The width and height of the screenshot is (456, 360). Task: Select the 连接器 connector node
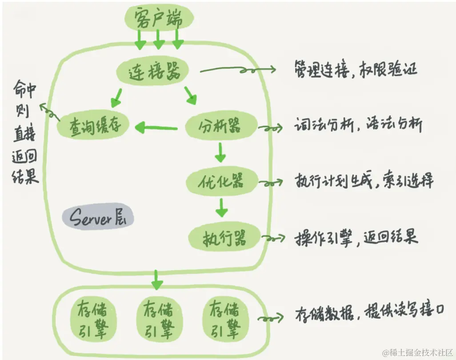152,71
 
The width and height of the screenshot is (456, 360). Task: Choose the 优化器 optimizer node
221,181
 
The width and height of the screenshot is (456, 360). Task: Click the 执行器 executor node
224,239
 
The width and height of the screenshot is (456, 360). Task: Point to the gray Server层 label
98,218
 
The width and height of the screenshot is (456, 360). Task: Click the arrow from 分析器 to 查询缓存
156,128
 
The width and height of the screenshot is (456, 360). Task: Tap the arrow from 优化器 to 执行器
221,208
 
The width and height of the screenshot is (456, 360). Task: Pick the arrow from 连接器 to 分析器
191,95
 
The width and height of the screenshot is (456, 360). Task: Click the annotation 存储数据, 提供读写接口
369,313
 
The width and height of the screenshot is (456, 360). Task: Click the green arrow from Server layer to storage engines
156,279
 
